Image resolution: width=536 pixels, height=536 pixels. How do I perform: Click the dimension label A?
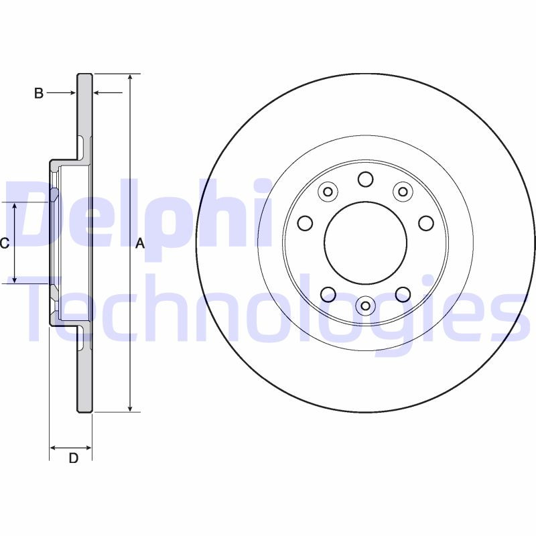pos(140,244)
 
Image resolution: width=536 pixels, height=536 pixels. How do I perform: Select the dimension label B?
pos(39,94)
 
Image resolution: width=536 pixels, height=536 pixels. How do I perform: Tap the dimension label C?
pos(4,243)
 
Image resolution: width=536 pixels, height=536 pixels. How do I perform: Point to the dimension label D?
pos(74,458)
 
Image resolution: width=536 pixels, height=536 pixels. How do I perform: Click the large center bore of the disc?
pos(365,242)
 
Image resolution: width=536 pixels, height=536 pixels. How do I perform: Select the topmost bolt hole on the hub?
pos(365,179)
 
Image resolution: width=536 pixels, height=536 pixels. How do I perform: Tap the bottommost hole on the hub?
pos(365,306)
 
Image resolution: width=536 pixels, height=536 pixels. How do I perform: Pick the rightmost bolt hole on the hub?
pos(426,222)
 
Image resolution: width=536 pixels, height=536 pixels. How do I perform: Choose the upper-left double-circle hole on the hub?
pos(328,192)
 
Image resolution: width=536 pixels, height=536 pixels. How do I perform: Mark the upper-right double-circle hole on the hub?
pos(403,192)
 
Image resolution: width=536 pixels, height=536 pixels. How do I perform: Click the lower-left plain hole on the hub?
pos(328,293)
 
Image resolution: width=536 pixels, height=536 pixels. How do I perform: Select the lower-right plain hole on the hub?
pos(403,293)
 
